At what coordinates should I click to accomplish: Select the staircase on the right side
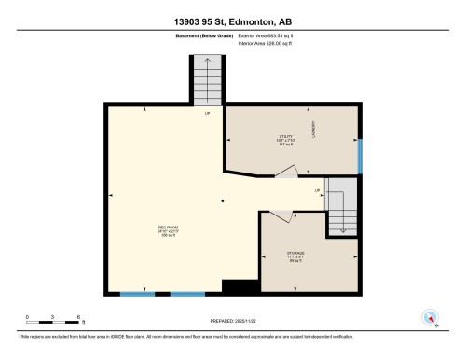coord(342,208)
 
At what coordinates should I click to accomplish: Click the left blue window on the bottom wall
coord(137,294)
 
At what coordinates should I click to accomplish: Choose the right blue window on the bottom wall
coord(186,294)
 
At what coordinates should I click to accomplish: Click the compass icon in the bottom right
coord(430,317)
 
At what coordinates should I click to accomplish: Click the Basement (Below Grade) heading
coord(205,35)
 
